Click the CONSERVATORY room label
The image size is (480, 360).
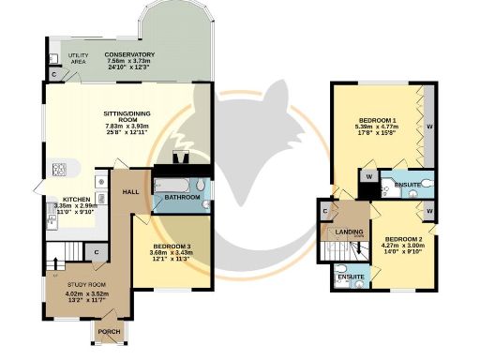coord(128,55)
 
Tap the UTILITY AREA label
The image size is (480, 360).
coord(78,58)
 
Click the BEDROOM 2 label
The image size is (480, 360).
coord(404,238)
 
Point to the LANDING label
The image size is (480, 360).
coord(349,232)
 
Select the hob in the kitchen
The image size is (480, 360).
coord(58,170)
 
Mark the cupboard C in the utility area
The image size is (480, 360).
coord(55,73)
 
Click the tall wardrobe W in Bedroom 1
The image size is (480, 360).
coord(429,126)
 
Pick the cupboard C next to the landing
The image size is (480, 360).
coord(325,211)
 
